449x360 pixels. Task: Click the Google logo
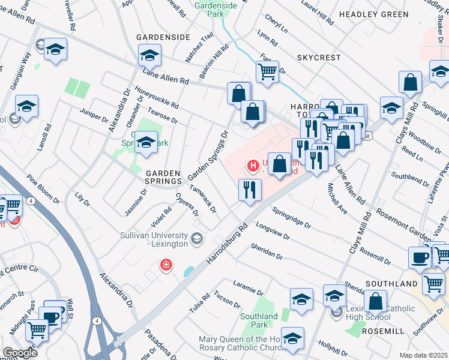[19, 353]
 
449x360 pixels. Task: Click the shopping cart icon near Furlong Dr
[267, 71]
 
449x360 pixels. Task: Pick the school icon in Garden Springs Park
[146, 143]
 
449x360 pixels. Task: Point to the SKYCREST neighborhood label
[318, 58]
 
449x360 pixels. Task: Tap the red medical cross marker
[166, 265]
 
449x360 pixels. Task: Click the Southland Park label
[259, 320]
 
